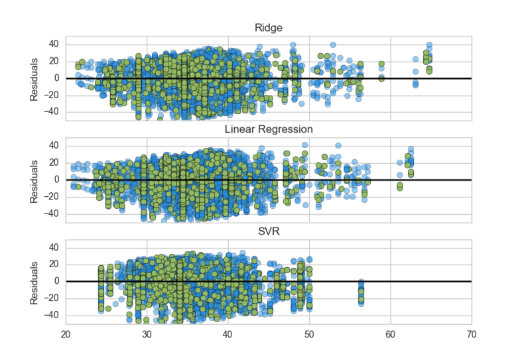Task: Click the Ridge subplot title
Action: pos(269,28)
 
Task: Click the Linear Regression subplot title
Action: pos(269,129)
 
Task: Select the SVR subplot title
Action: pos(269,230)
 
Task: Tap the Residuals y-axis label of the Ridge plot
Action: pos(34,78)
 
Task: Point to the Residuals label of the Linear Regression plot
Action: pos(34,180)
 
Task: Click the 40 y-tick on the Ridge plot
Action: pos(53,44)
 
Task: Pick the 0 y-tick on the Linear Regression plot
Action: pos(56,180)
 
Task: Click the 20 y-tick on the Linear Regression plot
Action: pos(53,162)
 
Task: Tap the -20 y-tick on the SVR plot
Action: pos(51,298)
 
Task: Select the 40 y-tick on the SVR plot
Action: pos(53,247)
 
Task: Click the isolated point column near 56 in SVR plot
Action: pos(361,291)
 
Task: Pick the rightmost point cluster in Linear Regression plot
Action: pos(410,162)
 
